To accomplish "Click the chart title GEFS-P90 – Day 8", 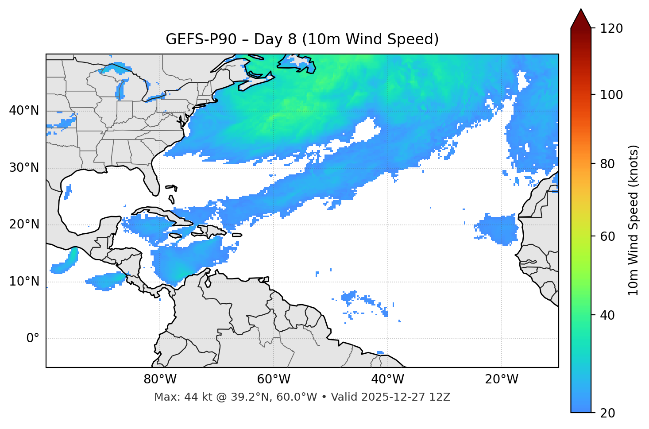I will [x=302, y=39].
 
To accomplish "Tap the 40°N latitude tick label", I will [x=24, y=111].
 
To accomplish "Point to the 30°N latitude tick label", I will [x=24, y=168].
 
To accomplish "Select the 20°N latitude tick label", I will [x=24, y=224].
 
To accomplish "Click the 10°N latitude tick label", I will [x=24, y=282].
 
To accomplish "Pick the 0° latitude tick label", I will [x=33, y=339].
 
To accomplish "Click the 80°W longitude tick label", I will [x=160, y=379].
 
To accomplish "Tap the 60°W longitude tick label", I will [x=274, y=379].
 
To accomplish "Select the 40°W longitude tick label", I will [x=387, y=379].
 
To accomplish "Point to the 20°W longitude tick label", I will [x=501, y=379].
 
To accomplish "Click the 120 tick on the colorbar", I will [x=611, y=29].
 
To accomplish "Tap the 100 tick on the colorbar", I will [x=611, y=95].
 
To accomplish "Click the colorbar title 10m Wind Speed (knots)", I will [x=634, y=220].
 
